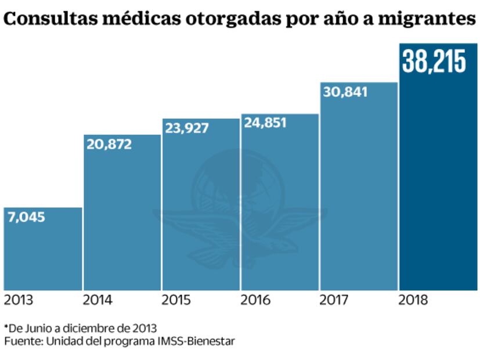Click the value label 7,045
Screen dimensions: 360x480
[26, 218]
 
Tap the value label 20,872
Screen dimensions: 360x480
[109, 145]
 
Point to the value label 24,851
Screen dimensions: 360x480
[265, 123]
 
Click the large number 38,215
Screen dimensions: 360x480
[434, 61]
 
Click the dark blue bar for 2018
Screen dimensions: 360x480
[438, 186]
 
